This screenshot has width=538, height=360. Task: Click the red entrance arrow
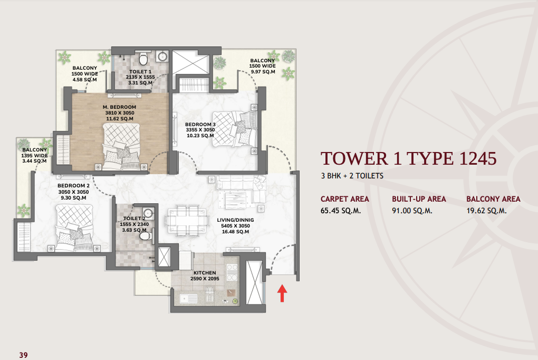pyautogui.click(x=282, y=293)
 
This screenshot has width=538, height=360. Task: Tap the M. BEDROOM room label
pyautogui.click(x=119, y=107)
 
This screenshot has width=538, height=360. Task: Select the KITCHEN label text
pyautogui.click(x=205, y=273)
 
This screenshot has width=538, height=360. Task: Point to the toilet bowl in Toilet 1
pyautogui.click(x=143, y=59)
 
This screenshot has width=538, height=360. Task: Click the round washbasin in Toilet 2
pyautogui.click(x=148, y=213)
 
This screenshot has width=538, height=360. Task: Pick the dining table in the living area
pyautogui.click(x=187, y=221)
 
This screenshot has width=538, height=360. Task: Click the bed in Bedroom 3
pyautogui.click(x=235, y=128)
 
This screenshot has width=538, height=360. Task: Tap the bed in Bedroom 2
pyautogui.click(x=74, y=228)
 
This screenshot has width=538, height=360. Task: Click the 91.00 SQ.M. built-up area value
pyautogui.click(x=412, y=211)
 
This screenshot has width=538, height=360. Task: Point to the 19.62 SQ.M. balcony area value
pyautogui.click(x=486, y=211)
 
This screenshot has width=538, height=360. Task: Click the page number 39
pyautogui.click(x=23, y=355)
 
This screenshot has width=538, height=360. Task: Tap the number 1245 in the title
pyautogui.click(x=478, y=159)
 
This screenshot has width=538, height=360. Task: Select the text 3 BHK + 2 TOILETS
pyautogui.click(x=352, y=176)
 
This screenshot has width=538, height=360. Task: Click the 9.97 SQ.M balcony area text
pyautogui.click(x=263, y=72)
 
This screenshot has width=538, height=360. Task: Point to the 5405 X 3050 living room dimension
pyautogui.click(x=235, y=226)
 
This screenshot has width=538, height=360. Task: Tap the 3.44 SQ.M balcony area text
pyautogui.click(x=34, y=161)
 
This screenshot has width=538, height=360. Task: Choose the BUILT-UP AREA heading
pyautogui.click(x=419, y=199)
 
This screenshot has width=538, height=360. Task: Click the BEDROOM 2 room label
pyautogui.click(x=73, y=186)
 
